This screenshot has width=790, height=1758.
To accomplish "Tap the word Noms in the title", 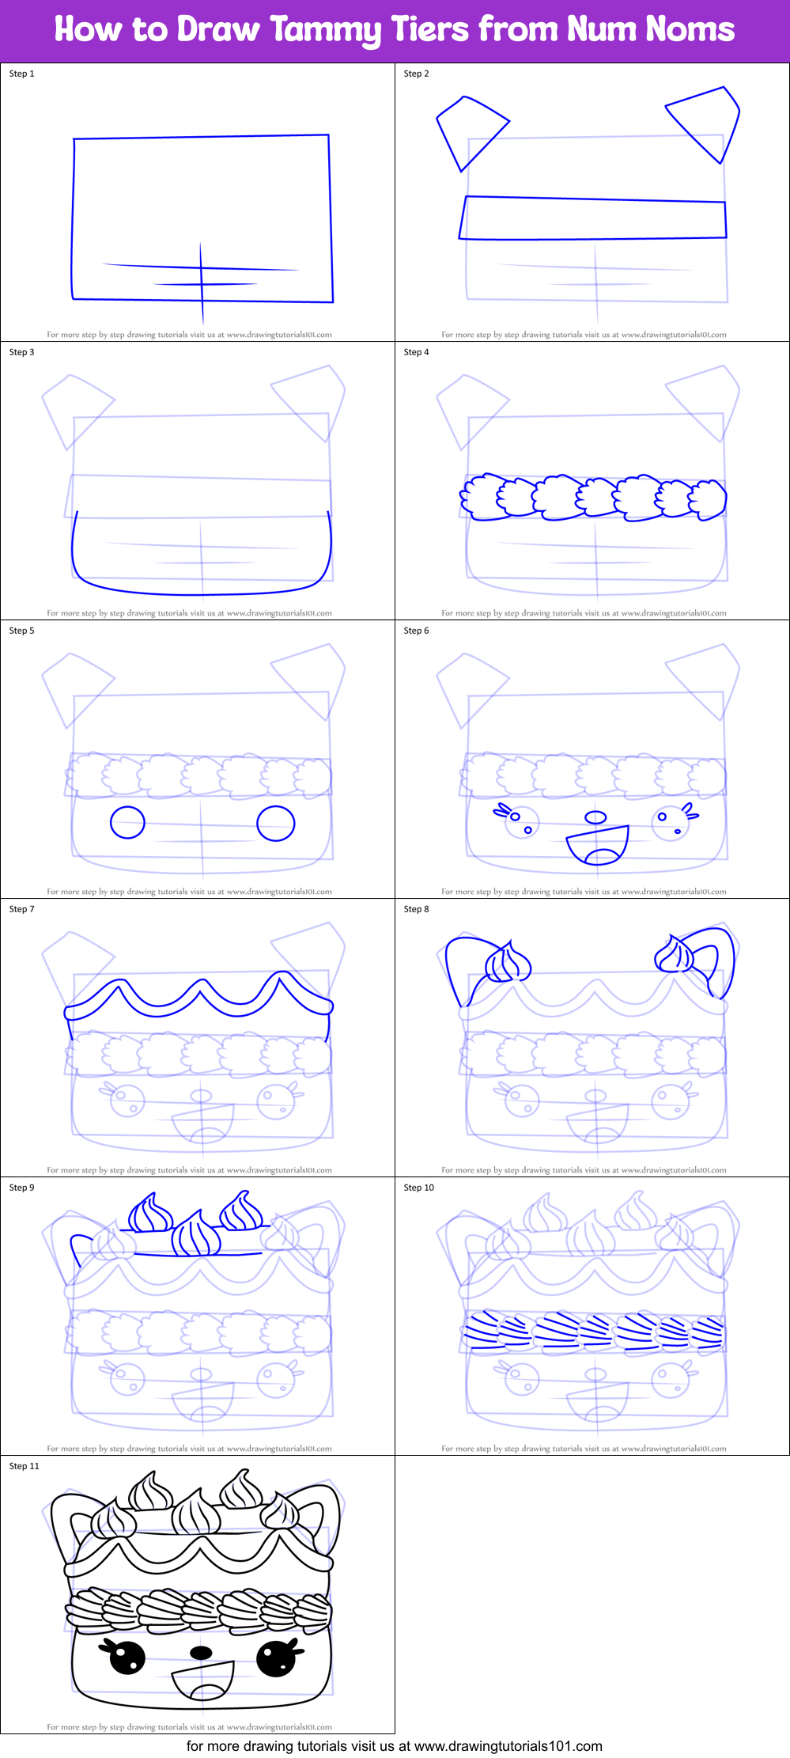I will click(690, 29).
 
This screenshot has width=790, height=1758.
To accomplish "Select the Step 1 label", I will click(21, 74).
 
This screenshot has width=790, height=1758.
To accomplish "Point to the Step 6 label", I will click(416, 631).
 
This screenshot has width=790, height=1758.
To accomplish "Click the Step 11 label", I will click(24, 1466).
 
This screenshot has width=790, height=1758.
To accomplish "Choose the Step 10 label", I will click(418, 1188).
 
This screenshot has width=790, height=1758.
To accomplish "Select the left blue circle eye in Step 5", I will click(127, 822).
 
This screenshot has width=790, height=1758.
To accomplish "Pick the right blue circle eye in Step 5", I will click(276, 823).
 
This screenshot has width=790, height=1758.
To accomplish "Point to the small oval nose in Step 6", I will click(595, 817).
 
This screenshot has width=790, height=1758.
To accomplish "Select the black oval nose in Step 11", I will click(202, 1653).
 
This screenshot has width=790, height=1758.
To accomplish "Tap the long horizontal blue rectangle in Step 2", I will click(593, 218).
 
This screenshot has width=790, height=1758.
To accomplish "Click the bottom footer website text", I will click(394, 1746).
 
